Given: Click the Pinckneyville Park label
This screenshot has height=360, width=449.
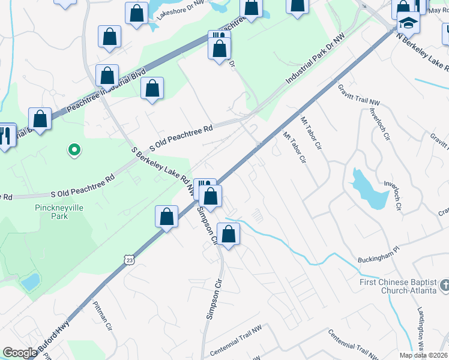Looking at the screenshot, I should click(x=51, y=211).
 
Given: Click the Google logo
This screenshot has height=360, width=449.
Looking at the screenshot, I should click(x=20, y=352).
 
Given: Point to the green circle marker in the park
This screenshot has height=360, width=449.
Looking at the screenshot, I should click(x=74, y=149).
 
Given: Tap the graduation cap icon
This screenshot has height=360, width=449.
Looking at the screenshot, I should click(x=408, y=23).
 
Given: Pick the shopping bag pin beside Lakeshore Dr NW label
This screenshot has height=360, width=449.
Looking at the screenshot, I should click(x=137, y=14).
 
